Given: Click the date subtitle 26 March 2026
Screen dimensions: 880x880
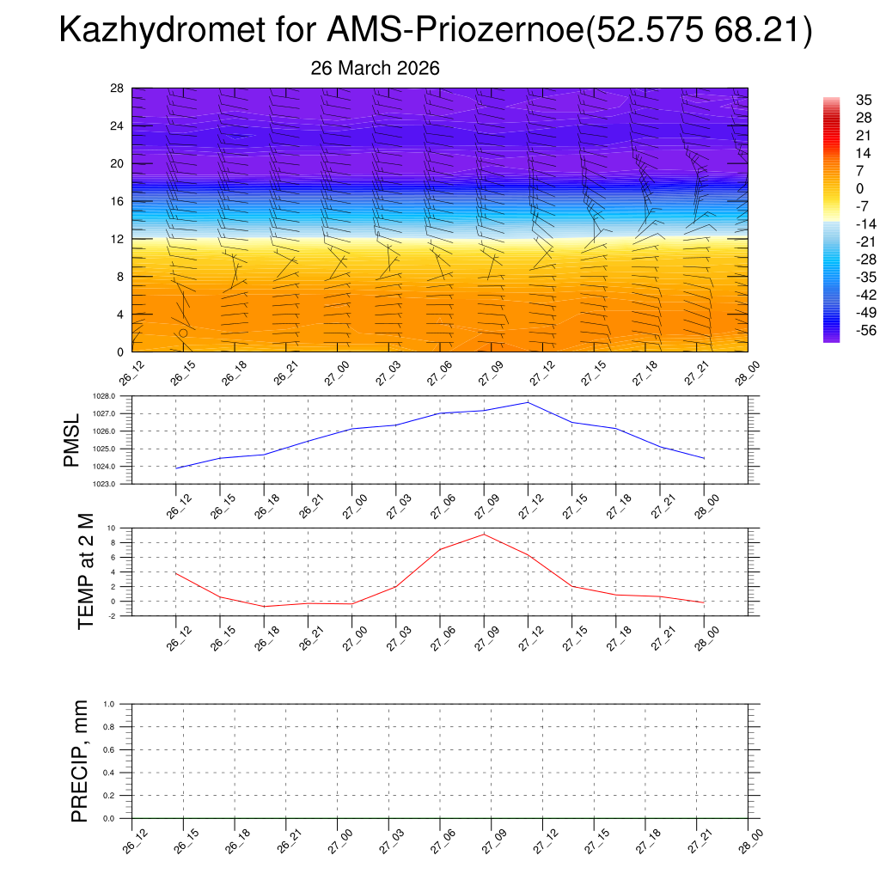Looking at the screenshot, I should (x=375, y=69).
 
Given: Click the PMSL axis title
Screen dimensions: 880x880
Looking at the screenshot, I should (x=71, y=440).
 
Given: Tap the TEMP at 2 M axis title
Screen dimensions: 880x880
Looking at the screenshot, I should (x=85, y=571).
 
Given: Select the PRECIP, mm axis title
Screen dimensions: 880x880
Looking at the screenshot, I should (x=80, y=761).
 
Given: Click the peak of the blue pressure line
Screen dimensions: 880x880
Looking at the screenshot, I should (x=528, y=402).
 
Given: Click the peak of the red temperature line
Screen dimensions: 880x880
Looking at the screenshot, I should (x=484, y=535).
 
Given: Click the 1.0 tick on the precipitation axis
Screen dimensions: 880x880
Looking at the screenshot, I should (x=109, y=704).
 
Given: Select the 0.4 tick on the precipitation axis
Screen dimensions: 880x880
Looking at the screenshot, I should (x=109, y=773).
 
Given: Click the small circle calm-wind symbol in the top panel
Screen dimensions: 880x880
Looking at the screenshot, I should (x=183, y=333).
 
